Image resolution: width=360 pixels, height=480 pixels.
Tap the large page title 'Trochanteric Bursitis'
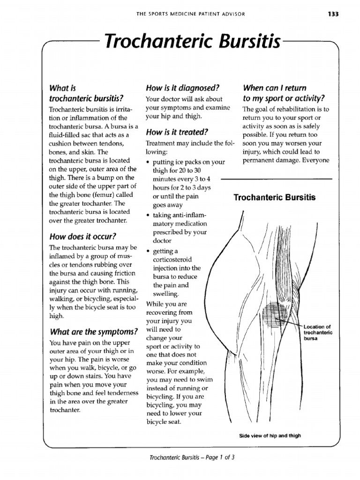pos(192,43)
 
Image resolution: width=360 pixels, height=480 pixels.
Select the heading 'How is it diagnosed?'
pos(183,88)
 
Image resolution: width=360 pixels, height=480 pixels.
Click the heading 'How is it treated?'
pos(177,132)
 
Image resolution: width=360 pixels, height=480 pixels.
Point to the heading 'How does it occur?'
pos(82,236)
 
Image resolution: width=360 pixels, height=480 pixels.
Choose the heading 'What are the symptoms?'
pos(93,332)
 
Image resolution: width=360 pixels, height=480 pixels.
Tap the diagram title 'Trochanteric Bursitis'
pos(275,197)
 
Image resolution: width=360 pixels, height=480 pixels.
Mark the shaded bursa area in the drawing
pos(275,315)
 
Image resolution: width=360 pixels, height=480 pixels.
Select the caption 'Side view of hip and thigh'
pos(270,435)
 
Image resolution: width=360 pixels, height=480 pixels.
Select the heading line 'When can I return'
pos(274,88)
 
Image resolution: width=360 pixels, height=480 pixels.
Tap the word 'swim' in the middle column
pos(205,380)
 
